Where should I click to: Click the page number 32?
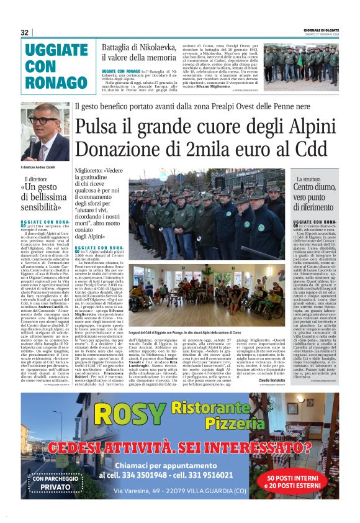pyautogui.click(x=24, y=32)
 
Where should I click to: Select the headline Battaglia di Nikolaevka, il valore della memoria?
pyautogui.click(x=140, y=52)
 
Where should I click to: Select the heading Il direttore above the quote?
pyautogui.click(x=37, y=180)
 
